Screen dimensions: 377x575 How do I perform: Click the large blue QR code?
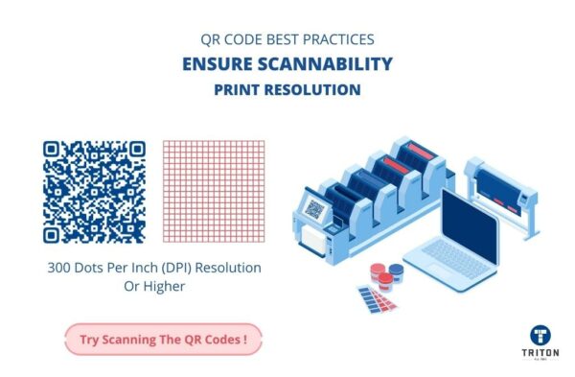tap(95, 192)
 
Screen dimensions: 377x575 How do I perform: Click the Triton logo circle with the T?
tap(540, 335)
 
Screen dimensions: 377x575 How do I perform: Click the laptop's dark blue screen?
tap(469, 222)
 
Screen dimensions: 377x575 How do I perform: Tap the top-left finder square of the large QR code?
tap(54, 151)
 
